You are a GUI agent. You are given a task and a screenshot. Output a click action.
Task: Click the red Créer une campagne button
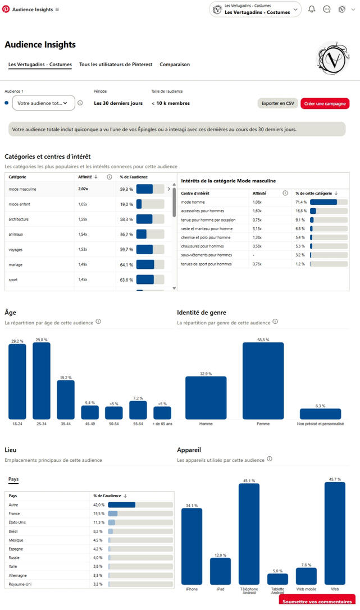pos(325,103)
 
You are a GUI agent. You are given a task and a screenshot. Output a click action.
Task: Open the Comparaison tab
pos(175,65)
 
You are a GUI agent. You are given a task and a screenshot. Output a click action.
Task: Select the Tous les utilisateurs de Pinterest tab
pos(116,65)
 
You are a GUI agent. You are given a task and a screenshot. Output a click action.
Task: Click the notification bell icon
pos(312,9)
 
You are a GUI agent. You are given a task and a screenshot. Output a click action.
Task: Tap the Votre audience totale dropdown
pos(43,103)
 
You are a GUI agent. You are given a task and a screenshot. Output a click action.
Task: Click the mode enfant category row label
pos(20,204)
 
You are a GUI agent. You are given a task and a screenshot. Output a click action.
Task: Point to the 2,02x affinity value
pos(83,189)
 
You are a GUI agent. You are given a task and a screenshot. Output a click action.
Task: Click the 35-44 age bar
pos(66,400)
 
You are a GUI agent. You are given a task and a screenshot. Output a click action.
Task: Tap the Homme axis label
pos(206,424)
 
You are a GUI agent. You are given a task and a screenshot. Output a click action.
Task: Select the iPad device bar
pos(220,571)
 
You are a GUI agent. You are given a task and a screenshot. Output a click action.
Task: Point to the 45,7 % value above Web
pos(334,479)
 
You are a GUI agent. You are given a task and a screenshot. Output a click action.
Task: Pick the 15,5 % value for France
pos(99,513)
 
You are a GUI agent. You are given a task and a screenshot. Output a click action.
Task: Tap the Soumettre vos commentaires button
pos(317,602)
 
